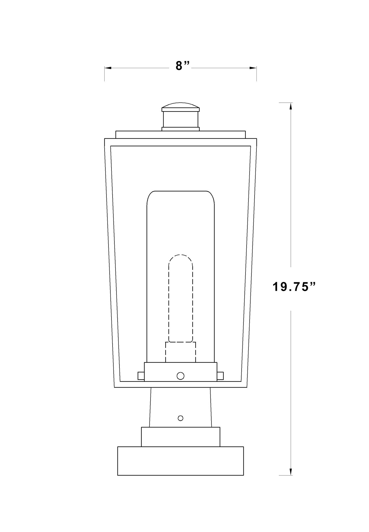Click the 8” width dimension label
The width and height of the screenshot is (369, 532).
click(183, 66)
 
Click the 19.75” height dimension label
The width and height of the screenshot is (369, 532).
click(294, 288)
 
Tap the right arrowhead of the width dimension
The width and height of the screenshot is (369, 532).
click(253, 68)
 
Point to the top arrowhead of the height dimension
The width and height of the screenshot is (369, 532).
click(291, 106)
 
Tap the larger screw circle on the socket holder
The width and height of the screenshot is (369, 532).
click(180, 376)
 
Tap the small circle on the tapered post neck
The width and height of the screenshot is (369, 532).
click(180, 418)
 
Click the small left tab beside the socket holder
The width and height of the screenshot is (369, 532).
click(141, 376)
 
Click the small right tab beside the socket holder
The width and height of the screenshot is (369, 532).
click(220, 376)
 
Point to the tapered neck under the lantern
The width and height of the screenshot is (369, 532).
click(181, 407)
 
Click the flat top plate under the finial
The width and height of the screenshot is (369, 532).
click(181, 135)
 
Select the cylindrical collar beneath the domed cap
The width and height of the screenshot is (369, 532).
click(181, 120)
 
